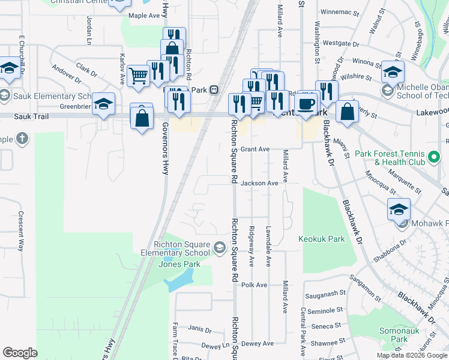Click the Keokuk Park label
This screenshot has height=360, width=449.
coord(322,239)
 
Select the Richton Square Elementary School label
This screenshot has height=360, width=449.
coord(182,248)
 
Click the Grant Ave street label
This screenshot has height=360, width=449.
coord(255,149)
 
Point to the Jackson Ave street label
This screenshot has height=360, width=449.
coord(260,183)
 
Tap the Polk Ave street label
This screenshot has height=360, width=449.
coord(253,285)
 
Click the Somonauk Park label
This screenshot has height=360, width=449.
coord(394,335)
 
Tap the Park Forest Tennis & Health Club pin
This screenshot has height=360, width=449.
coord(434,158)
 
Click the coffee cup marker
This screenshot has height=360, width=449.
coord(307,103)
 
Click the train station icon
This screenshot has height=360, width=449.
coord(213,90)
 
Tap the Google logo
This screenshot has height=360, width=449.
coord(20,353)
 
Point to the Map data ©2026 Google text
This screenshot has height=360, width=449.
coord(412,355)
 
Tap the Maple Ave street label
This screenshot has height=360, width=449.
coord(142,16)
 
